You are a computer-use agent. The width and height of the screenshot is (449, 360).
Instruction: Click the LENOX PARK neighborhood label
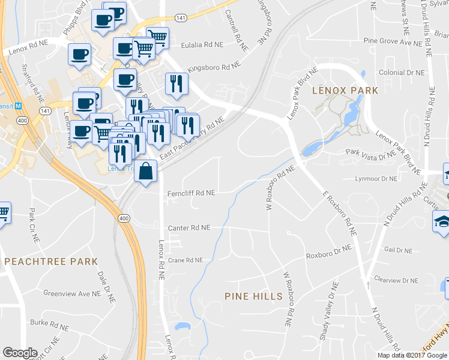tap(345, 91)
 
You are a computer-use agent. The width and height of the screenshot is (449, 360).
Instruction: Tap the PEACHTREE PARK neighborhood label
tap(50, 262)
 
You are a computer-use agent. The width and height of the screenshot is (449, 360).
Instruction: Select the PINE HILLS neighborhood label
tap(253, 296)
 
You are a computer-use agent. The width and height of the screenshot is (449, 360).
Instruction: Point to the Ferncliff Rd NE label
tap(191, 193)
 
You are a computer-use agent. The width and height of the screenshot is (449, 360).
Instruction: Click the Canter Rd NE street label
tap(189, 228)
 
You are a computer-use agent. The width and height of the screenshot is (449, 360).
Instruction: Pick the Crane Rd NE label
tap(185, 260)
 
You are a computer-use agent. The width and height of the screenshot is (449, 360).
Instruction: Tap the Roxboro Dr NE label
tap(328, 254)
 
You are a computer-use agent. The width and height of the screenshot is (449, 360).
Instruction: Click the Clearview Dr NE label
tap(396, 280)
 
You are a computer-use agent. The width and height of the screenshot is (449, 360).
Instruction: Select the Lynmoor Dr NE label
tap(376, 179)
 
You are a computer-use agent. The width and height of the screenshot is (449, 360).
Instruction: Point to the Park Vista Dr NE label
tap(368, 154)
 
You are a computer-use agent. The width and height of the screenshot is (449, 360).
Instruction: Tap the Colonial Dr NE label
tap(402, 73)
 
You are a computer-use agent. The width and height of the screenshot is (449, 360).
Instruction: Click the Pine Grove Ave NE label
tap(393, 43)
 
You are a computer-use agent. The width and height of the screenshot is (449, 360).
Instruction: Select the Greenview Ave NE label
tap(71, 293)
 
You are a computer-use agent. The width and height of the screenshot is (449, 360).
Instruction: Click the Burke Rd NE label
tap(47, 322)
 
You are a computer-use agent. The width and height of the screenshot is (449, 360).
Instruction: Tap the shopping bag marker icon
tap(146, 172)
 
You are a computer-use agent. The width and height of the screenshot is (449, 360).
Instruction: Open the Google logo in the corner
tap(20, 353)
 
